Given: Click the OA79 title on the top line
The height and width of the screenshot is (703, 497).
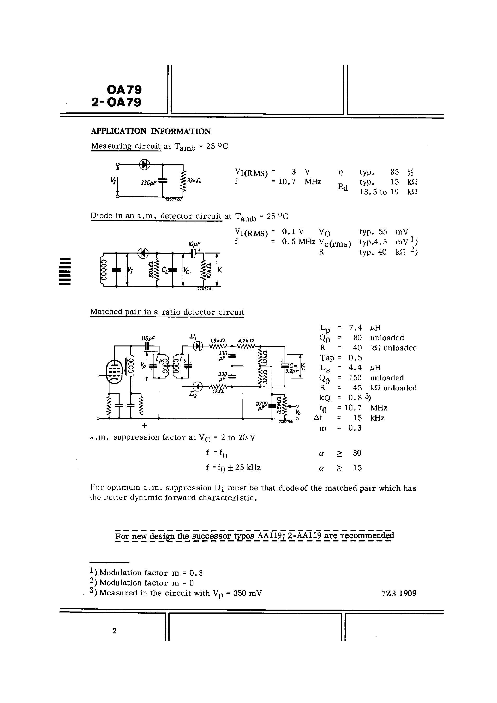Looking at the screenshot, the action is [124, 90].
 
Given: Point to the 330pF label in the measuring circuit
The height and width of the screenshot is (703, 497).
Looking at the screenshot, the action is [148, 183].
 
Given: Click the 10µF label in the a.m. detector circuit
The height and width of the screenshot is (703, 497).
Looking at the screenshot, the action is [195, 244].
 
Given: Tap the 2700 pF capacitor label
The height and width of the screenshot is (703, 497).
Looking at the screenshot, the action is [262, 405].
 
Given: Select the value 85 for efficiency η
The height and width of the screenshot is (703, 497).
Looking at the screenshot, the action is [395, 172].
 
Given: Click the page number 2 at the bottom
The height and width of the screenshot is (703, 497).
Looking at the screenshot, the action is [115, 631].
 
